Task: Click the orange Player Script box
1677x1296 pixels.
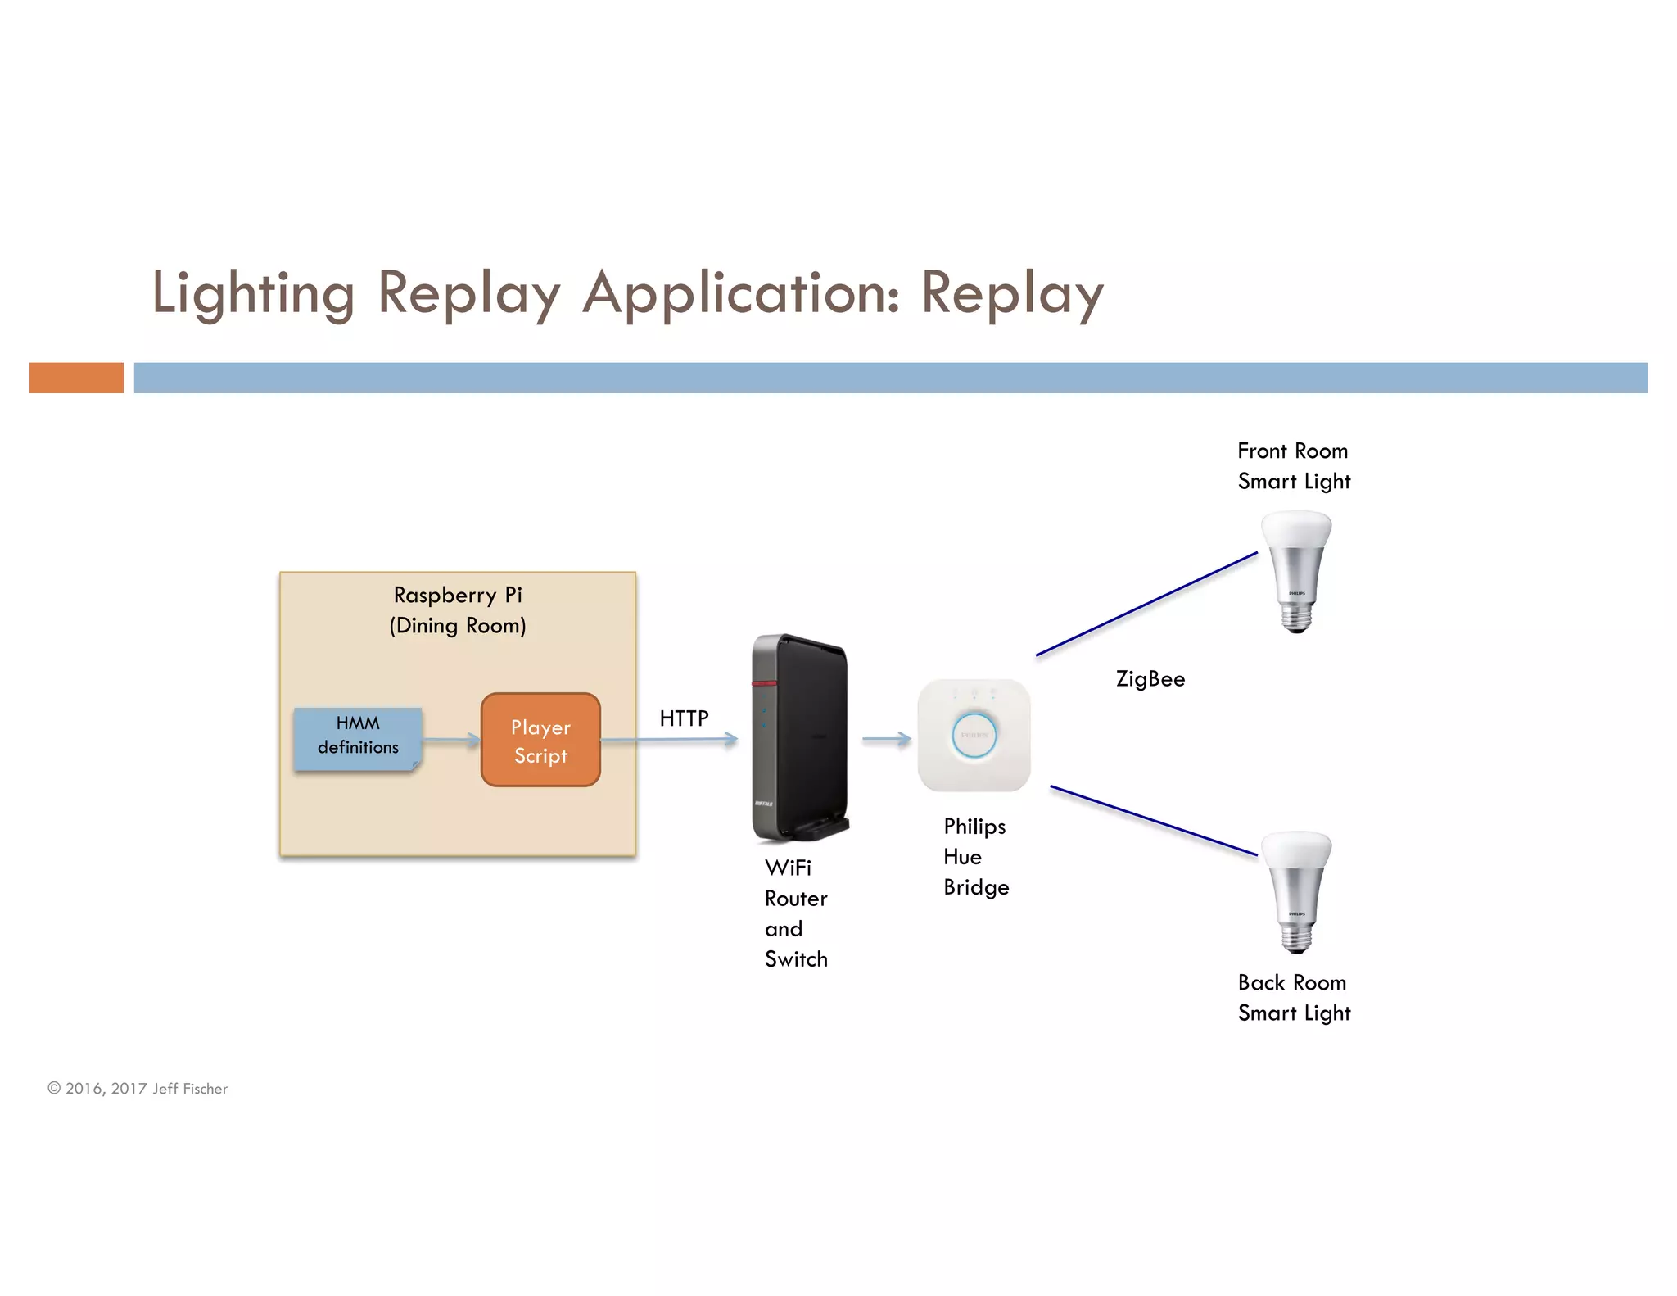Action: tap(540, 740)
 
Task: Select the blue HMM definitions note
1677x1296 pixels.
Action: tap(358, 737)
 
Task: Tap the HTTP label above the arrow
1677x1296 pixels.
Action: tap(684, 718)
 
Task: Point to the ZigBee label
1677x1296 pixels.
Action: tap(1150, 679)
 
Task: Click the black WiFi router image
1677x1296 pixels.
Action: tap(798, 737)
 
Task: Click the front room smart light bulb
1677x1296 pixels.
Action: tap(1296, 569)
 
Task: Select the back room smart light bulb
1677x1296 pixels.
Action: tap(1296, 890)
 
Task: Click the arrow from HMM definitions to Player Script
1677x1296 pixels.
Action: tap(451, 741)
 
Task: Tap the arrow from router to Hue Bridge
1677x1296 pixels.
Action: tap(886, 739)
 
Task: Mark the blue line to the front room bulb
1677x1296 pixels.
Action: tap(1146, 604)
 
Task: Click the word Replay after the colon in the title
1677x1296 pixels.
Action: tap(1012, 293)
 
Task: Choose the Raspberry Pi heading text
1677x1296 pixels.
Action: tap(457, 596)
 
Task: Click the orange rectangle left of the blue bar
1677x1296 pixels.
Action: tap(76, 378)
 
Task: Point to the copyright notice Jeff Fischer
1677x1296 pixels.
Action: tap(138, 1088)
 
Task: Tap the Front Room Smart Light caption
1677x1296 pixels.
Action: tap(1293, 466)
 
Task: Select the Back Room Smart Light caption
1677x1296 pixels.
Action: tap(1293, 998)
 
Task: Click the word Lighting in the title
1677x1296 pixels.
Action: tap(253, 293)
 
